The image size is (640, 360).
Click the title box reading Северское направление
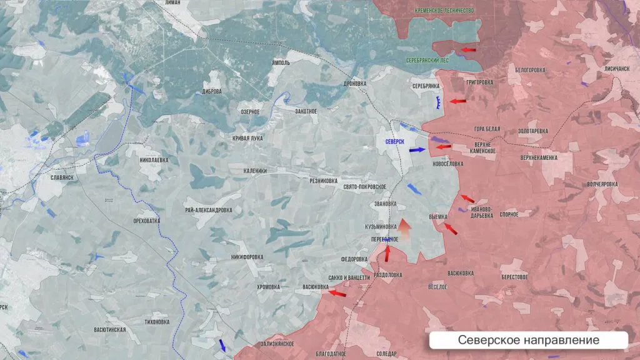point(528,340)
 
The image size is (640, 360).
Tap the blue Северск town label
point(395,142)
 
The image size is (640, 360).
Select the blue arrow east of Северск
point(418,150)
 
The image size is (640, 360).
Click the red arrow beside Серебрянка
point(459,101)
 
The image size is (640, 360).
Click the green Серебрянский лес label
point(427,61)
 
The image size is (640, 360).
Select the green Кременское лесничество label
point(444,11)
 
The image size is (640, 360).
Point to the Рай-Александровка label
point(209,210)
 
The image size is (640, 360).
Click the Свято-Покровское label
point(364,187)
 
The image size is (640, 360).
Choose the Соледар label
point(386,354)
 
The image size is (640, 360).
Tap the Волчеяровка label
point(602,184)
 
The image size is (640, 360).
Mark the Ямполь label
point(281,63)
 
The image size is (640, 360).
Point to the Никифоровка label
point(247,257)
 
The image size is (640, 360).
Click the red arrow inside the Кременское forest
point(468,49)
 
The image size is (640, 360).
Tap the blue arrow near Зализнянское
point(223,346)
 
